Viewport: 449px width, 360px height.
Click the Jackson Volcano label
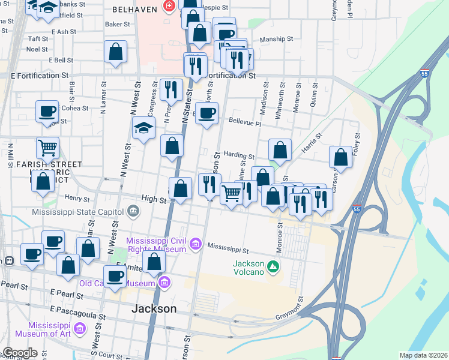pyautogui.click(x=248, y=268)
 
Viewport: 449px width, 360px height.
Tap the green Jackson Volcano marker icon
pyautogui.click(x=274, y=265)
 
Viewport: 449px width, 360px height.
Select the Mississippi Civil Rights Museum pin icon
pyautogui.click(x=195, y=244)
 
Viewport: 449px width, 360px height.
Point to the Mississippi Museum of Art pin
pyautogui.click(x=80, y=329)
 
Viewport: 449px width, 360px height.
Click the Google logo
pyautogui.click(x=20, y=353)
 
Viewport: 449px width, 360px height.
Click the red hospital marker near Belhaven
pyautogui.click(x=169, y=7)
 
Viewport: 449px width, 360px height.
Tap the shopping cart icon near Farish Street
pyautogui.click(x=47, y=147)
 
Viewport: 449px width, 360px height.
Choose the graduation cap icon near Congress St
pyautogui.click(x=143, y=127)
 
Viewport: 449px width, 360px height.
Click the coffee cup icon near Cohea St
pyautogui.click(x=47, y=111)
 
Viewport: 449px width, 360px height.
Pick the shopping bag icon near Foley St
pyautogui.click(x=340, y=157)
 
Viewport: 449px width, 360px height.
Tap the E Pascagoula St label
pyautogui.click(x=78, y=312)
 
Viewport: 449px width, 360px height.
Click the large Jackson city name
pyautogui.click(x=154, y=309)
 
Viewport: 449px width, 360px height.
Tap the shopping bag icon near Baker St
pyautogui.click(x=115, y=52)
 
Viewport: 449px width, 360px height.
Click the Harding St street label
pyautogui.click(x=235, y=154)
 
